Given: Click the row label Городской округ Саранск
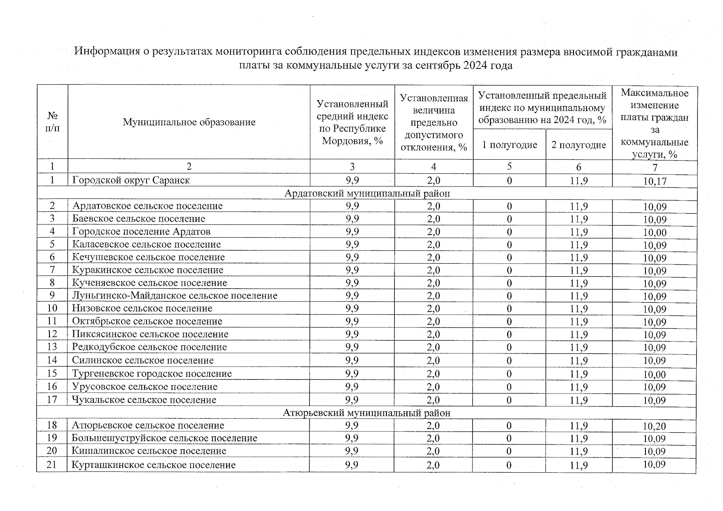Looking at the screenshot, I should point(131,180).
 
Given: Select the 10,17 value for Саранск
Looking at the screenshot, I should point(654,181).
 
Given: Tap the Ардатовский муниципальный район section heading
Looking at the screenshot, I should point(367,194).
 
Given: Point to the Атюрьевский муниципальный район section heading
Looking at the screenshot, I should point(366,413).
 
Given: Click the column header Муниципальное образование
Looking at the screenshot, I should point(189,122).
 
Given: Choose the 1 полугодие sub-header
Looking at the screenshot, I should point(509,145).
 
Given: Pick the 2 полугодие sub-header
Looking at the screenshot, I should point(579,145).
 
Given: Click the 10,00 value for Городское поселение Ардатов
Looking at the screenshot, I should point(654,233).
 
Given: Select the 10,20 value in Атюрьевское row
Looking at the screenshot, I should point(654,426).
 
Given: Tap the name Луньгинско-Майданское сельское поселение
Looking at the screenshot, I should point(175,296).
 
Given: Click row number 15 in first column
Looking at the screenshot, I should point(52,373).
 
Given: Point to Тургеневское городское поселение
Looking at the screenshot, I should point(152,374).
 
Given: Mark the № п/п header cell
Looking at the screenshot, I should point(52,122).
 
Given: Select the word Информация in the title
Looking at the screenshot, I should point(107,52).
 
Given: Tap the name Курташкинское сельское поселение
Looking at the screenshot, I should point(153,465).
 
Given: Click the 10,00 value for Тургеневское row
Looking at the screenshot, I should point(654,375).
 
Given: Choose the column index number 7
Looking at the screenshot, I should point(654,167).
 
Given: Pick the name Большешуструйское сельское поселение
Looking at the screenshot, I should point(164,438).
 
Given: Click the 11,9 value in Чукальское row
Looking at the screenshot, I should point(579,400).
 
